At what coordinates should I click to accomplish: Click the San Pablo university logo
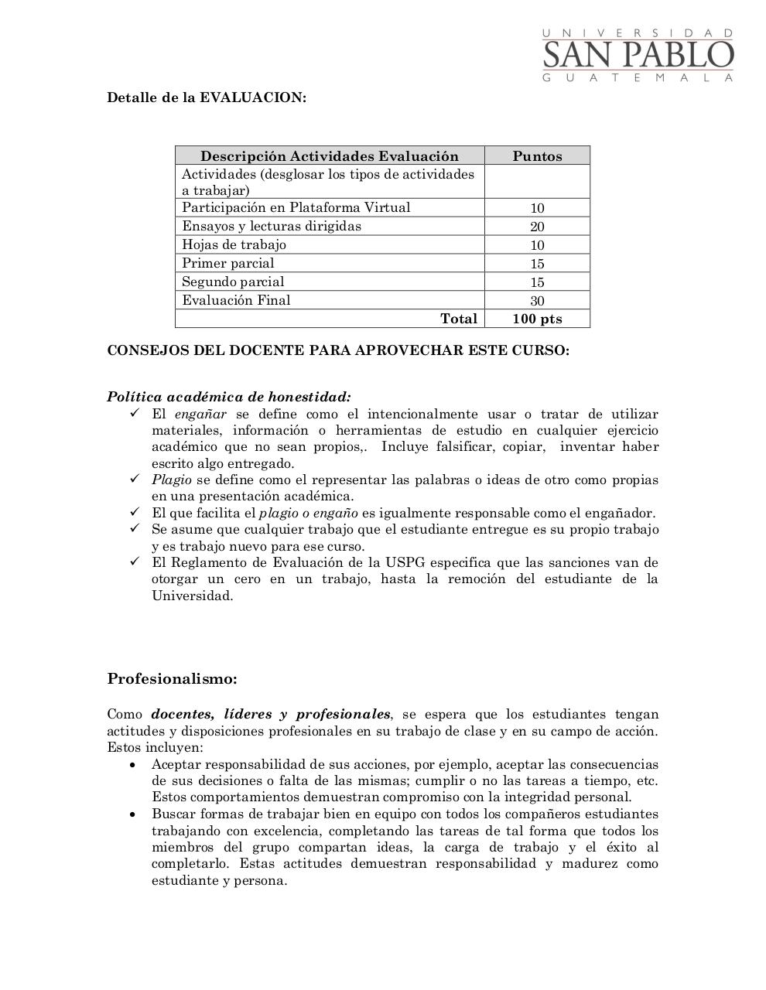(x=638, y=55)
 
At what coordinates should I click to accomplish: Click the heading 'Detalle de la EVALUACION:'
(x=207, y=97)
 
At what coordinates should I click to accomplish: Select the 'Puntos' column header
(x=537, y=155)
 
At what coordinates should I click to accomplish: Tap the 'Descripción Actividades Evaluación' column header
(x=330, y=155)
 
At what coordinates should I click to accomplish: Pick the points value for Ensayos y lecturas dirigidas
(x=537, y=227)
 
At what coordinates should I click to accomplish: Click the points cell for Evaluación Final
(x=537, y=301)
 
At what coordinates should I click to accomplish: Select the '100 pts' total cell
(x=537, y=319)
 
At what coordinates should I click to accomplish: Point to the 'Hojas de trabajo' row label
(x=234, y=244)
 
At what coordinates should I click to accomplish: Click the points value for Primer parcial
(x=537, y=264)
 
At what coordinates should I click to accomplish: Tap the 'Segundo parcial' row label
(x=233, y=282)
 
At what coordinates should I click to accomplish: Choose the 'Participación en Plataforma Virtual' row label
(x=296, y=207)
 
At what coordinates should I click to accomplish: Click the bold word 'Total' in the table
(x=458, y=319)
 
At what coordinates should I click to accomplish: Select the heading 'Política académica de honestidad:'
(x=229, y=397)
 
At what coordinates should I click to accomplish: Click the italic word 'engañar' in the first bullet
(x=200, y=414)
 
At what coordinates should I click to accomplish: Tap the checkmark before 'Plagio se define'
(x=135, y=479)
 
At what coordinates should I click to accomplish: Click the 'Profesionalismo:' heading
(x=172, y=679)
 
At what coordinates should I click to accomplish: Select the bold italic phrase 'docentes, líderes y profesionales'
(x=271, y=714)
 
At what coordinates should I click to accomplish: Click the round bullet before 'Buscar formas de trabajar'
(x=134, y=814)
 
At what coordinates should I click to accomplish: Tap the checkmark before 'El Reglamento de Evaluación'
(x=135, y=562)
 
